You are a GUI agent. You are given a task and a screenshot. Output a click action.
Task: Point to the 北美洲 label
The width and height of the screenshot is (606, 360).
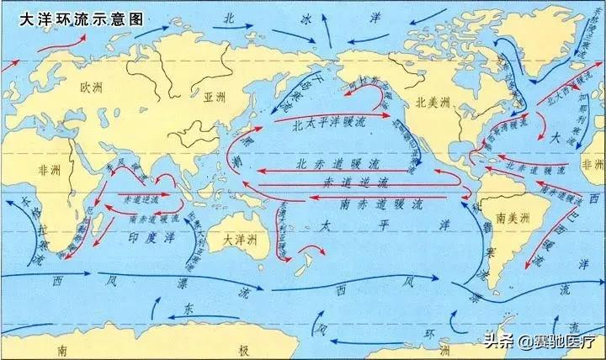[x=434, y=102]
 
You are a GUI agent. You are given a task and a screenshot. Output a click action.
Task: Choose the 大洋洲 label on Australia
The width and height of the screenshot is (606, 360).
[x=237, y=238]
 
